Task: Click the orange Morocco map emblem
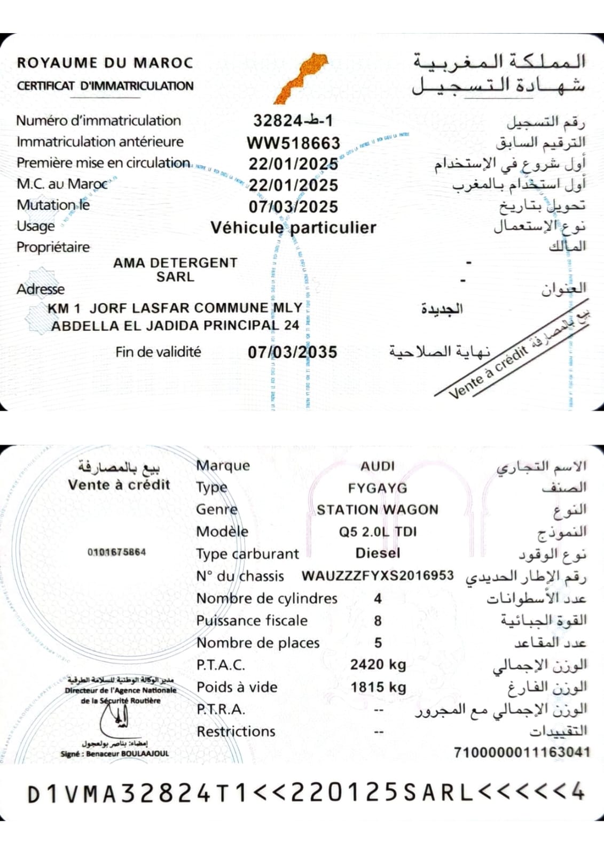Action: tap(301, 78)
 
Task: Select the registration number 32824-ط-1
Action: tap(293, 121)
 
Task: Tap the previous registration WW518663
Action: tap(293, 143)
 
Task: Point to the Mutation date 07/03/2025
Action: tap(293, 207)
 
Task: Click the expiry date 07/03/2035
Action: tap(293, 352)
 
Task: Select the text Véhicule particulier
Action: tap(293, 228)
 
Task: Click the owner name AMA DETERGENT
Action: tap(175, 263)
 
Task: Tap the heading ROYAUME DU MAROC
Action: tap(105, 63)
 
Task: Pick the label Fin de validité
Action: tap(158, 352)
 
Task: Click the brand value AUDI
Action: tap(378, 466)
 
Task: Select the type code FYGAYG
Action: tap(378, 488)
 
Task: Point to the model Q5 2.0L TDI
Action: tap(378, 532)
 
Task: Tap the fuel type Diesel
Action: tap(378, 553)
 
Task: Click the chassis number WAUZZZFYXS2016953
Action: tap(378, 576)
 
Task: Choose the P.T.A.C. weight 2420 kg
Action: tap(378, 665)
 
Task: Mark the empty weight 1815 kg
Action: tap(378, 687)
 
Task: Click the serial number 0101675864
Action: tap(116, 552)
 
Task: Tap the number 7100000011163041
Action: tap(522, 752)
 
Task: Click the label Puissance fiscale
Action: tap(252, 620)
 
